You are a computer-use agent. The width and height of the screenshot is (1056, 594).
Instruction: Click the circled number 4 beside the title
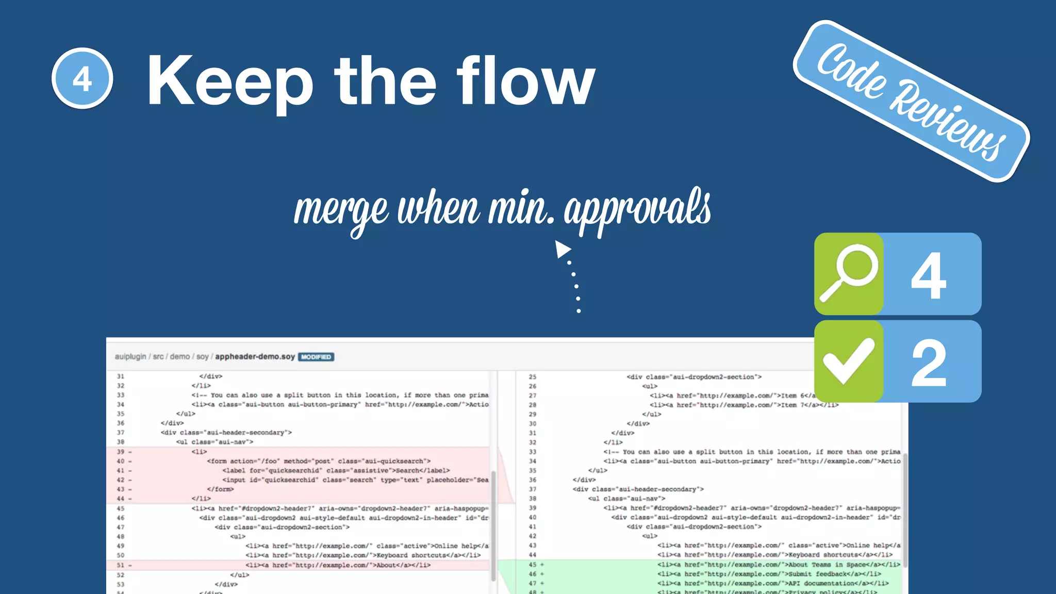82,79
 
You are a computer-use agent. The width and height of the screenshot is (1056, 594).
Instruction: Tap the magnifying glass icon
849,273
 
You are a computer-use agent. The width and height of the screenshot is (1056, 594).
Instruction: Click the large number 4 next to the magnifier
929,275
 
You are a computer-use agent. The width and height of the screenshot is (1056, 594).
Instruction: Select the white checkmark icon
849,361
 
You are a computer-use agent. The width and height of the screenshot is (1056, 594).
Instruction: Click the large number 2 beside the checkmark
929,364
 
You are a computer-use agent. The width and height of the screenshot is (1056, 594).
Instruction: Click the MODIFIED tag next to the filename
316,357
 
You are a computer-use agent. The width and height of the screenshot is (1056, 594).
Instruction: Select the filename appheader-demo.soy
255,356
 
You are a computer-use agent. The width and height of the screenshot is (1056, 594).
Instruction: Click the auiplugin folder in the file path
130,356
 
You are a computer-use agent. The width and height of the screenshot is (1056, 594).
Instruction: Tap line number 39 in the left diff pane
121,452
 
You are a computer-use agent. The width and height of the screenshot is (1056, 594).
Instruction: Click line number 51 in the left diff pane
121,565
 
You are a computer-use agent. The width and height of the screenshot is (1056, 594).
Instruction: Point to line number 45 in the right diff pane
533,565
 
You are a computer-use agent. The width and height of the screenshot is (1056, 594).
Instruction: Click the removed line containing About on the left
338,565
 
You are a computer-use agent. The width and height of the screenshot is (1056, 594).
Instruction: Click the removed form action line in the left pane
319,461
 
